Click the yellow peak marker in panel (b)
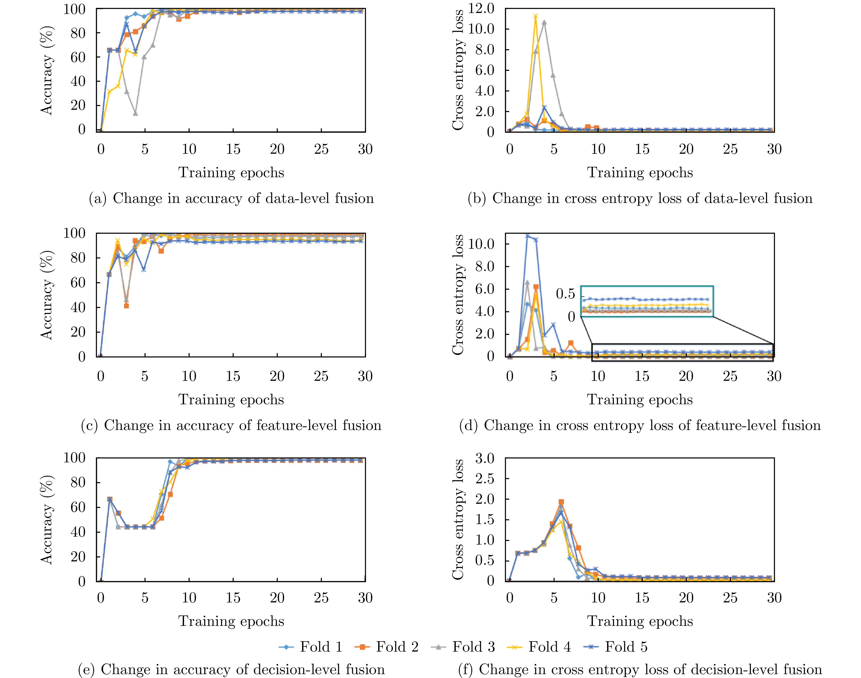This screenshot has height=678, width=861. point(536,16)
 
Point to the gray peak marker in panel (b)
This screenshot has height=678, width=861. point(544,22)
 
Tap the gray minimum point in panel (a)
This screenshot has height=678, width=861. point(135,113)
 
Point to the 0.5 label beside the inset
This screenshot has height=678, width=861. point(565,294)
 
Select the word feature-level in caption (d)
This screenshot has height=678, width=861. point(623,425)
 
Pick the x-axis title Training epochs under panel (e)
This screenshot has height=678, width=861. point(231,621)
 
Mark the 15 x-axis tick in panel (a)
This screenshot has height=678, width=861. point(233,149)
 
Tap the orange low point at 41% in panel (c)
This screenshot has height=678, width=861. point(126,306)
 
